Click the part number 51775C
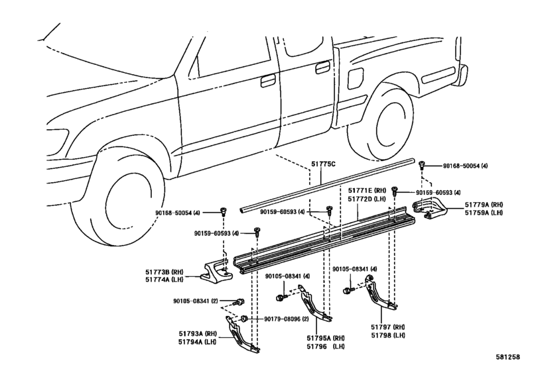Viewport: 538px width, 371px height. tap(323, 164)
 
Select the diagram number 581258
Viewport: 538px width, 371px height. tap(507, 357)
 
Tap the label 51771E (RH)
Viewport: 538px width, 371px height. tap(367, 190)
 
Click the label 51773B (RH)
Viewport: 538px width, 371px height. tap(164, 272)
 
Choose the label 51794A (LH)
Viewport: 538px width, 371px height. tap(197, 342)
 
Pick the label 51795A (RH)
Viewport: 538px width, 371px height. tap(326, 338)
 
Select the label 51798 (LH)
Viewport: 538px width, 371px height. tap(388, 335)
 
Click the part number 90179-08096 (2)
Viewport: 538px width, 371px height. tap(286, 319)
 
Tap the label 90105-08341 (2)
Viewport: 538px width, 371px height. tap(195, 301)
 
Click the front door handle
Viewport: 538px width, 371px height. tap(267, 81)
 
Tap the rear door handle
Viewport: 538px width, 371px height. tap(322, 68)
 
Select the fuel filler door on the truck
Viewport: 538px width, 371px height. tap(355, 78)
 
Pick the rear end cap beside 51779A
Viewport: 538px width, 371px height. tap(429, 208)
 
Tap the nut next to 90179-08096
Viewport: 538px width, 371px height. tap(244, 319)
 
